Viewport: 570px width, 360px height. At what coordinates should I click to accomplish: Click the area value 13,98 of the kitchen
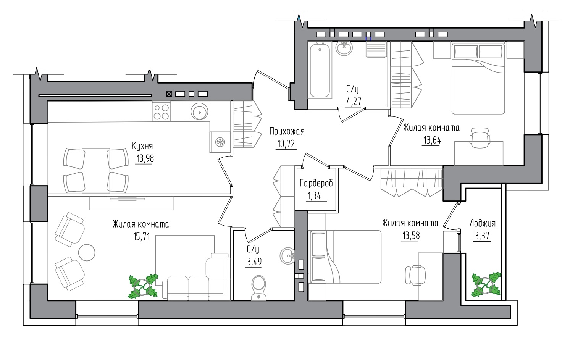pyautogui.click(x=145, y=158)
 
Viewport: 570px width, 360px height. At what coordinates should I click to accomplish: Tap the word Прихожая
pyautogui.click(x=287, y=132)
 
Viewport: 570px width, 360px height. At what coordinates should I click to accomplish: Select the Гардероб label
pyautogui.click(x=316, y=183)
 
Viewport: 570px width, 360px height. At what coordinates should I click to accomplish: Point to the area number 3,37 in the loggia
pyautogui.click(x=482, y=236)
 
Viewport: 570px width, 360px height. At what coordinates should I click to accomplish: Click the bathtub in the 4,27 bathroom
pyautogui.click(x=320, y=70)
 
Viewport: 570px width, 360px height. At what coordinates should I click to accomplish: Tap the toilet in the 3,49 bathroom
pyautogui.click(x=259, y=288)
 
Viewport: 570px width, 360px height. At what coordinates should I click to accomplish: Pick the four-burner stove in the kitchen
pyautogui.click(x=161, y=111)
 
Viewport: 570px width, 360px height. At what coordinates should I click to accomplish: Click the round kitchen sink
pyautogui.click(x=200, y=111)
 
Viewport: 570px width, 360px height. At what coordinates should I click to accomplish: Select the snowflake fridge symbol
pyautogui.click(x=220, y=142)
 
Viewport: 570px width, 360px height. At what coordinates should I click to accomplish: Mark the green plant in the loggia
pyautogui.click(x=486, y=284)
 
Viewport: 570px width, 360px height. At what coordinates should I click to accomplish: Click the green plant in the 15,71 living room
pyautogui.click(x=143, y=286)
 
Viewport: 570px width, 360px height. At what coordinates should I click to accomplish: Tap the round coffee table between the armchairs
pyautogui.click(x=87, y=252)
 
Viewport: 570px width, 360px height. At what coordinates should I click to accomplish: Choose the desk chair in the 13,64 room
pyautogui.click(x=480, y=138)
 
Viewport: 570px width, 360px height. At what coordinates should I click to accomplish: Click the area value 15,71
pyautogui.click(x=141, y=237)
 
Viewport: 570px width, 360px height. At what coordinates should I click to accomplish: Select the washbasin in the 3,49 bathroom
pyautogui.click(x=287, y=255)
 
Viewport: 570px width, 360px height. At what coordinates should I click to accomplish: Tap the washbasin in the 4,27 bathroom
pyautogui.click(x=344, y=48)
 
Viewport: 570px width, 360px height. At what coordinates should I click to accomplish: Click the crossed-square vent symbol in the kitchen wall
pyautogui.click(x=169, y=94)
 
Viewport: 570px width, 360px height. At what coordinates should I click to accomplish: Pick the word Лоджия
pyautogui.click(x=483, y=224)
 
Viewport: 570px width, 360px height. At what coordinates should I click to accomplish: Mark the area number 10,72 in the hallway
pyautogui.click(x=286, y=144)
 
